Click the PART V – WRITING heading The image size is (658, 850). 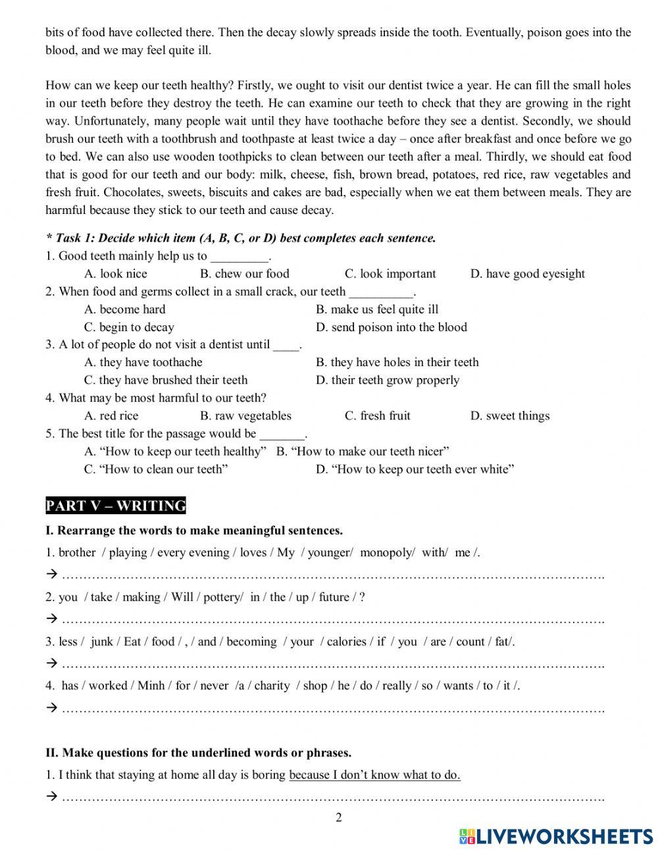tap(116, 506)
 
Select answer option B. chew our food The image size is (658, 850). tap(244, 274)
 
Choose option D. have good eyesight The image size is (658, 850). tap(527, 274)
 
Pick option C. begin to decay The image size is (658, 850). tap(129, 327)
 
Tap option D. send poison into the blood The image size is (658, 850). tap(391, 327)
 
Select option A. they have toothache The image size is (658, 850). tap(143, 362)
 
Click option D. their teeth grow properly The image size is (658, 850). tap(387, 380)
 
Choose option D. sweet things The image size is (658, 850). tap(509, 415)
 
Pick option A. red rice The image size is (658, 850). tap(111, 415)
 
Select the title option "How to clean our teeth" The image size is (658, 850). tap(156, 469)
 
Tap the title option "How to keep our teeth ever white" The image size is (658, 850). tap(415, 469)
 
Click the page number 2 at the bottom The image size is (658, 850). tap(339, 818)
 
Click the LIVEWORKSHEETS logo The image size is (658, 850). tap(556, 836)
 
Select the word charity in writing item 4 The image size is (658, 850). tap(272, 685)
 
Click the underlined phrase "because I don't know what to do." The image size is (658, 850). tap(374, 775)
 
